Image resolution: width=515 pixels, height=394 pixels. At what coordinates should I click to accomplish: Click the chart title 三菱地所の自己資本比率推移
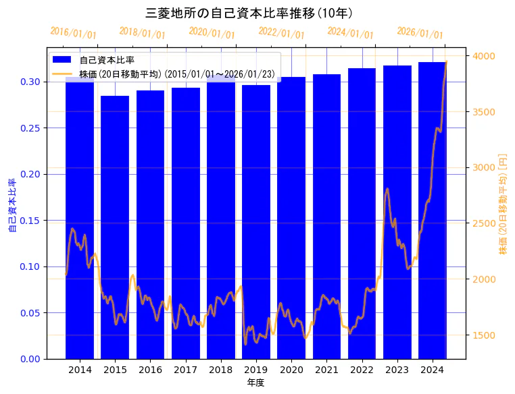click(250, 13)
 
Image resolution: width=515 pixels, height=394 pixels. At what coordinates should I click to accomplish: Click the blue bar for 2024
click(432, 210)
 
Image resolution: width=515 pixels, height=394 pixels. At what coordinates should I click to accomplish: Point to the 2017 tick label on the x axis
click(185, 370)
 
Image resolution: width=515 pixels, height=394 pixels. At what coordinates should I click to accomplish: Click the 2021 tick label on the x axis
click(326, 370)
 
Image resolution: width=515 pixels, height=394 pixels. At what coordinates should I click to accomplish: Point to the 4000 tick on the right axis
click(484, 56)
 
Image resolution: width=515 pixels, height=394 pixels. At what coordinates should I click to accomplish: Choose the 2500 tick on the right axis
click(484, 223)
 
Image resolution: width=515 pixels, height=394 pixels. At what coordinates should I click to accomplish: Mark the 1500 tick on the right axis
click(484, 335)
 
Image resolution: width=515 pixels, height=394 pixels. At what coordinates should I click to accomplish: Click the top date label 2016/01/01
click(73, 33)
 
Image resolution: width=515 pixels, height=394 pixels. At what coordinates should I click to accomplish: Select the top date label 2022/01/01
click(281, 33)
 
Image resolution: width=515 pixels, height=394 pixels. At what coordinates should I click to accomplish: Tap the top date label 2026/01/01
click(420, 33)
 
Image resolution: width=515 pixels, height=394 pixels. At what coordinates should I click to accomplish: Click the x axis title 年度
click(255, 383)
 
